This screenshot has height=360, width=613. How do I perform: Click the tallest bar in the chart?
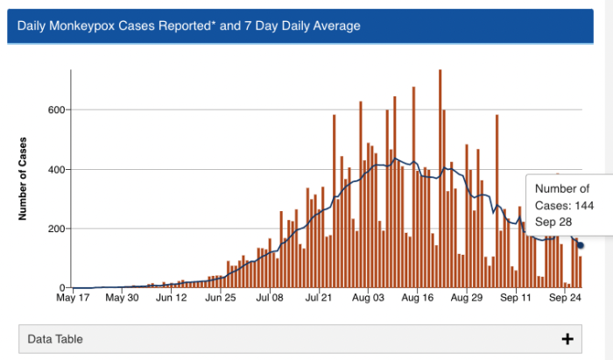[x=440, y=179]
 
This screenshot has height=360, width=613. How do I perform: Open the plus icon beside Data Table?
[x=567, y=338]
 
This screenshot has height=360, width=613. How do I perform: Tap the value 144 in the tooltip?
[x=583, y=205]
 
